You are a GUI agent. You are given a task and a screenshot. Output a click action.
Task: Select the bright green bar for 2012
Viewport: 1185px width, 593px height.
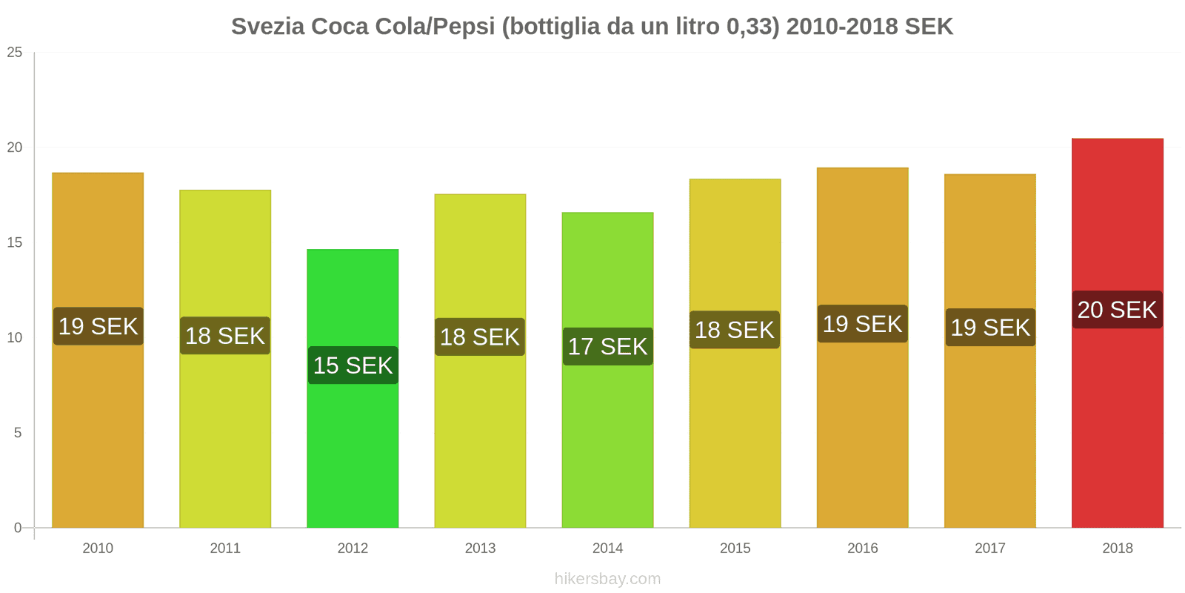point(353,445)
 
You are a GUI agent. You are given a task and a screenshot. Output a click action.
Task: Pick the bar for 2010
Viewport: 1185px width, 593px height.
point(98,430)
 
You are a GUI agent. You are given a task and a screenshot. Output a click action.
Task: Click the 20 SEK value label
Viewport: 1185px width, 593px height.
point(1117,310)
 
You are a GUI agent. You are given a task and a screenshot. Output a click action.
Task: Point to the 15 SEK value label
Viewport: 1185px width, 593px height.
point(353,365)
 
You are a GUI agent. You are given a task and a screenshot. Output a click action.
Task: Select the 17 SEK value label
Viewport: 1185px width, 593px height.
point(607,346)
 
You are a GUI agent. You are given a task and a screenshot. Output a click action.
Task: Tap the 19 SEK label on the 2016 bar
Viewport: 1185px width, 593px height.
point(862,324)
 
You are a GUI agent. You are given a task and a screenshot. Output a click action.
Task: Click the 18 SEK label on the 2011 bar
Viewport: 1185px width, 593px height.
point(225,336)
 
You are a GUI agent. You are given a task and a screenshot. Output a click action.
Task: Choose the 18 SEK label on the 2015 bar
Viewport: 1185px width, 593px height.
point(735,330)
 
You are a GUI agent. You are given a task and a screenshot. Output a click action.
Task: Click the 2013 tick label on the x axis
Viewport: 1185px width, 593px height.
point(480,549)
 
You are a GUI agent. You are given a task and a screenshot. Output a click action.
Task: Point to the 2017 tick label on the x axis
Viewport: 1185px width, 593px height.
point(989,549)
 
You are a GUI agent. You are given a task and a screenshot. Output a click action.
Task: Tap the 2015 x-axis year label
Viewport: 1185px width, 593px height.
point(735,549)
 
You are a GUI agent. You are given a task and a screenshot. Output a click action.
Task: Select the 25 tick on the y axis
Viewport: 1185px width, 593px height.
point(15,53)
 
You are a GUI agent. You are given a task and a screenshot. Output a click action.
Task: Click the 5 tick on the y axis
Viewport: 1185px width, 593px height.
point(18,433)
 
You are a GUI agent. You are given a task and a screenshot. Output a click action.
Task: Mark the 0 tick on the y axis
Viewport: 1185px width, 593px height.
point(18,528)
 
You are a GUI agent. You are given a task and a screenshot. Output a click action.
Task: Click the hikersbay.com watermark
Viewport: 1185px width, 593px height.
point(607,579)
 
